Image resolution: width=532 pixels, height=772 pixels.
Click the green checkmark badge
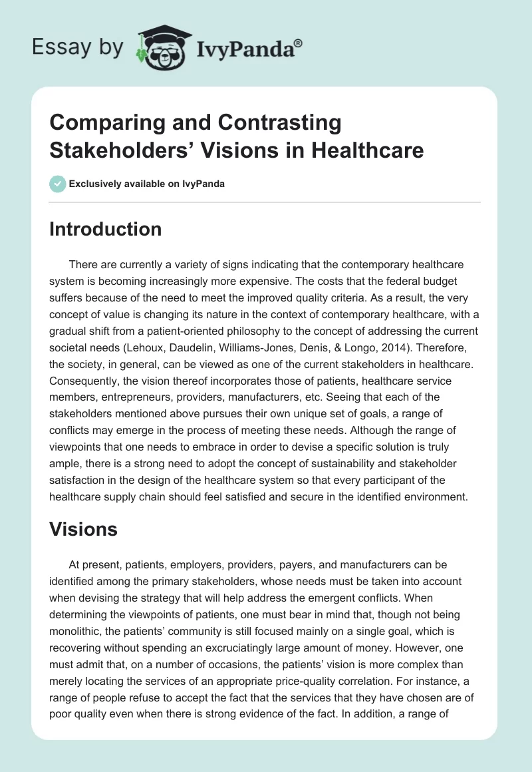pos(57,184)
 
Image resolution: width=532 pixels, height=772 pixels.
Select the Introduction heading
pos(106,230)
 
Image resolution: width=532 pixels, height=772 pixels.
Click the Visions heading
pos(83,529)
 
